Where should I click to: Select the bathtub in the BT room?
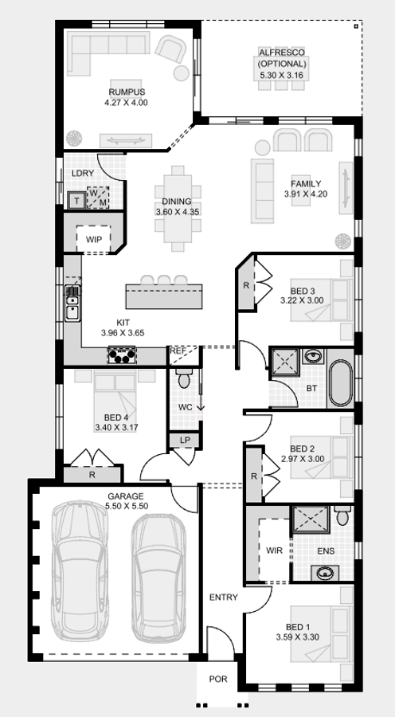[x=340, y=384]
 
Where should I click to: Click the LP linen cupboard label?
[x=185, y=440]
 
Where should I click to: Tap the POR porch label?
[x=217, y=680]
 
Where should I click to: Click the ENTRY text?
[x=223, y=597]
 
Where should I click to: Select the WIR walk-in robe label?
[x=274, y=550]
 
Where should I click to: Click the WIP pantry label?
[x=94, y=238]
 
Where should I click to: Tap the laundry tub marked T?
[x=76, y=200]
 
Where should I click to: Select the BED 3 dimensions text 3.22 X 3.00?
[x=302, y=300]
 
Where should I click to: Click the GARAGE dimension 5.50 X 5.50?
[x=126, y=506]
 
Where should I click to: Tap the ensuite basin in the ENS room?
[x=325, y=572]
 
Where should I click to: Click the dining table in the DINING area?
[x=177, y=207]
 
